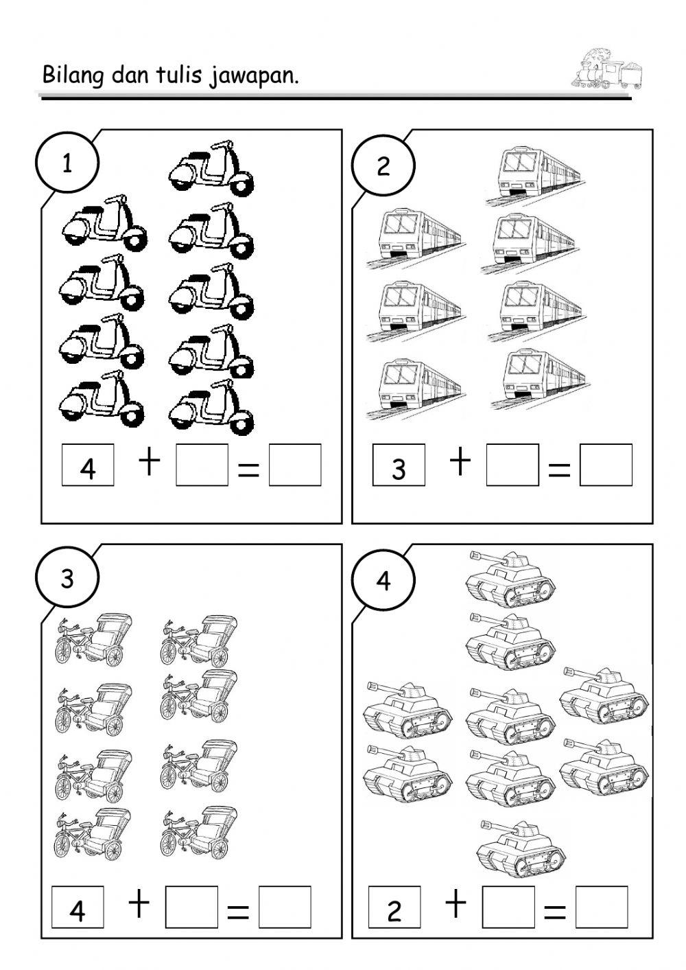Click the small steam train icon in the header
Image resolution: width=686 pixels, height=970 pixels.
click(606, 69)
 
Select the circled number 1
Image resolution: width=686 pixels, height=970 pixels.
click(67, 164)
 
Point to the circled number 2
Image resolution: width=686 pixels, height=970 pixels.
click(383, 165)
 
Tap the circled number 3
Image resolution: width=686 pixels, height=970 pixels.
click(67, 579)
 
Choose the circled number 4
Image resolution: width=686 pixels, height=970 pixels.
click(383, 580)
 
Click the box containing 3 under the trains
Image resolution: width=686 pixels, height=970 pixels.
click(399, 465)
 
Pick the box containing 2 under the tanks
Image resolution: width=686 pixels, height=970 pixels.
click(394, 908)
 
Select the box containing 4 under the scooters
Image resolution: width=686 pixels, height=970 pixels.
click(88, 465)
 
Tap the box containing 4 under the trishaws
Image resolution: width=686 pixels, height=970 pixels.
click(78, 908)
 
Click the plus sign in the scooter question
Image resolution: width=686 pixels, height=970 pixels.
click(150, 463)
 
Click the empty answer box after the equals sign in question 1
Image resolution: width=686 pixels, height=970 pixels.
click(295, 465)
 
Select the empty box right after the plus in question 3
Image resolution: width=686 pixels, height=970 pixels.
click(192, 908)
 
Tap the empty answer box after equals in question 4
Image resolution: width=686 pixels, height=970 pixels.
click(602, 908)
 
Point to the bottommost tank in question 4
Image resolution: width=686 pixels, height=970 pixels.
click(521, 847)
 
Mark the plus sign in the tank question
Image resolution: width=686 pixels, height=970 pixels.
click(456, 904)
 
